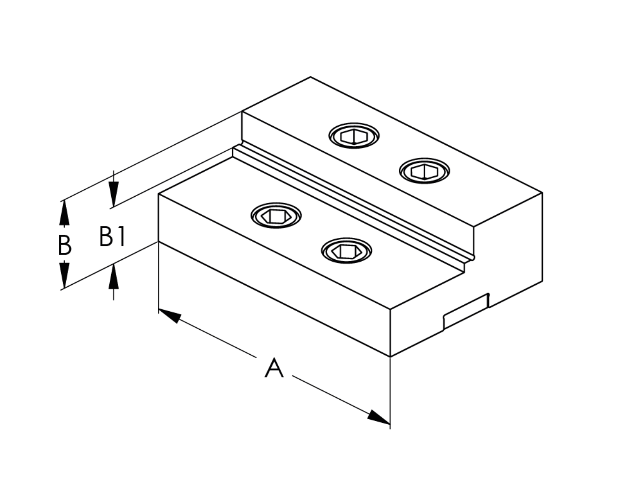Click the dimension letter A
pos(274,368)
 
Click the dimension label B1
pos(113,236)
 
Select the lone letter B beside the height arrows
pos(65,246)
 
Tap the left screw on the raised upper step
pos(354,136)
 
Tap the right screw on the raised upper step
pos(424,171)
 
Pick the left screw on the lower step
pos(276,215)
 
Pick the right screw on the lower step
pos(346,250)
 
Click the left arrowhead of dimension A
pos(169,316)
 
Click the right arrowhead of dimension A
pos(379,417)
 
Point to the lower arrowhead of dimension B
pos(64,275)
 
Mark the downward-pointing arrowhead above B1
pos(114,194)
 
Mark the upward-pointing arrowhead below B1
pos(114,276)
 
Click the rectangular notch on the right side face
pos(465,311)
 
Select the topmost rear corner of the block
pos(311,77)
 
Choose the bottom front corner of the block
pos(390,356)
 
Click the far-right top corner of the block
pos(542,192)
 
